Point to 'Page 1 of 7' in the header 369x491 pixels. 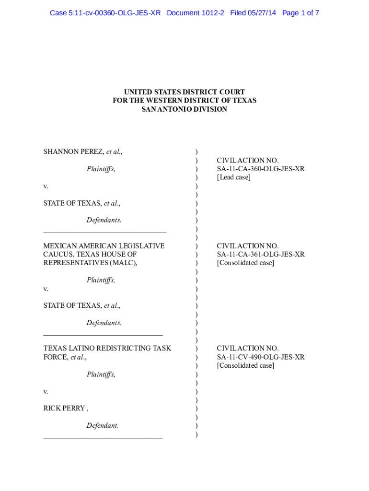pos(300,13)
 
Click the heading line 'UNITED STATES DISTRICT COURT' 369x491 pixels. pos(184,92)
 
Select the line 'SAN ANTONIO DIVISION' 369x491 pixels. pos(184,109)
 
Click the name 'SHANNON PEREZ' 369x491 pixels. pos(74,152)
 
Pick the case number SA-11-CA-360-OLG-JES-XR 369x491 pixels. pos(261,169)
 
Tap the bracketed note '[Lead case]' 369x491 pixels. pos(233,177)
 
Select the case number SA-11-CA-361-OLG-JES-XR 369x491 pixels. pos(261,255)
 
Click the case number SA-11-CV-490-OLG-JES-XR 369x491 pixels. pos(261,357)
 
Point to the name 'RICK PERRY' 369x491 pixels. pos(64,409)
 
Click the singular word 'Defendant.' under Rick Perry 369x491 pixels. pos(103,426)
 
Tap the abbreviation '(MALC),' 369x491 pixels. pos(124,263)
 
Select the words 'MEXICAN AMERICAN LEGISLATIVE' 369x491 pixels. pos(104,246)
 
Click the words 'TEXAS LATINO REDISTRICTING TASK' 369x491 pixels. pos(107,349)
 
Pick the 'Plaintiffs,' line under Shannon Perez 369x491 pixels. pos(101,169)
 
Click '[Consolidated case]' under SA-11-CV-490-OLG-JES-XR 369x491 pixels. pos(245,366)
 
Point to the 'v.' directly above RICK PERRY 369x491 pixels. pos(46,391)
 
